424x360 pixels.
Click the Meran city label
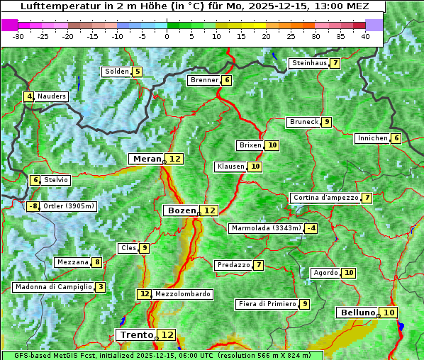(146, 159)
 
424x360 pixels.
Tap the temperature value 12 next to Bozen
(209, 210)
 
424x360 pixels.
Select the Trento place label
(136, 334)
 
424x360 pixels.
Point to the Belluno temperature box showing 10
(389, 313)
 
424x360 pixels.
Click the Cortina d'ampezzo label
(325, 198)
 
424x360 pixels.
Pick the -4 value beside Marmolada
(311, 228)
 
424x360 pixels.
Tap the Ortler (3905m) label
(69, 206)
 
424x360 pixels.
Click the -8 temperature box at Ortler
(33, 206)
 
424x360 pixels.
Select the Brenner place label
(204, 80)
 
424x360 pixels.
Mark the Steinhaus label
(308, 63)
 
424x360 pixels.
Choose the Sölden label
(116, 72)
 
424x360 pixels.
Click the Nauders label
(52, 96)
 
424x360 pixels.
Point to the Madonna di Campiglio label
(54, 287)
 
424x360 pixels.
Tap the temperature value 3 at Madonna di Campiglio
(101, 287)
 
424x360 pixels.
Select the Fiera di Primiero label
(267, 304)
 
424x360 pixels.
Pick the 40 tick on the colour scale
(364, 36)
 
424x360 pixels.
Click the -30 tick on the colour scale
(18, 36)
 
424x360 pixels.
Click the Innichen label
(372, 138)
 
